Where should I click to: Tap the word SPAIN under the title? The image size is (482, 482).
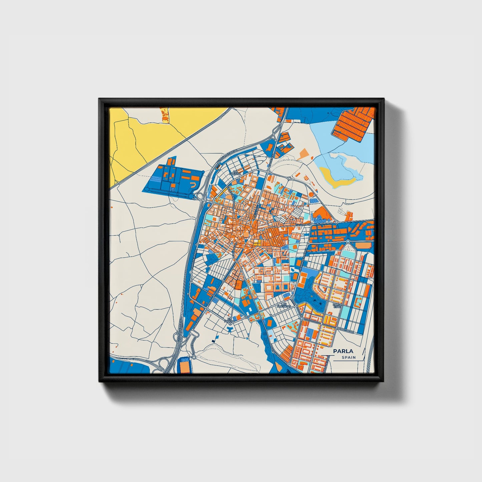(349, 358)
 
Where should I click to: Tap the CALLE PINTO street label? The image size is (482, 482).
(303, 225)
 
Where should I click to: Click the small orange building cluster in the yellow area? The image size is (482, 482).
(165, 114)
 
